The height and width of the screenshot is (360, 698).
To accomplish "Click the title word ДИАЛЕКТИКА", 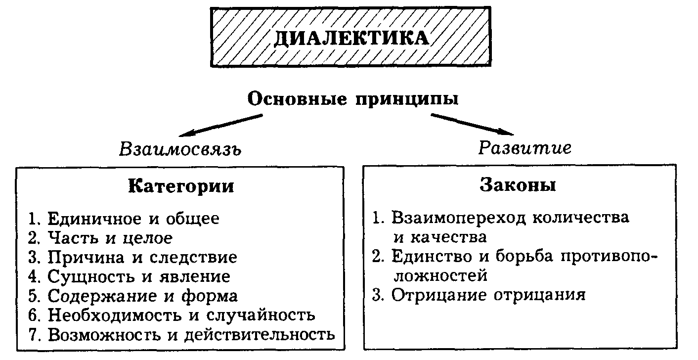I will point(351,38).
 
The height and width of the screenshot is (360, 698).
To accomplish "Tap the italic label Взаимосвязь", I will point(180,148).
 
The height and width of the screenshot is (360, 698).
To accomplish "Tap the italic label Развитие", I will point(525,148).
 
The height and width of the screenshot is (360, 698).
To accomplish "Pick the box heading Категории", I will point(181,186).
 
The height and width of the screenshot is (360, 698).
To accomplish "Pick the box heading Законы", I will point(518,186).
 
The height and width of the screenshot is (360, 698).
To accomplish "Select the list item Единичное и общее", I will point(133,218).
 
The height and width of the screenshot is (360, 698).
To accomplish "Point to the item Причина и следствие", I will point(142,257).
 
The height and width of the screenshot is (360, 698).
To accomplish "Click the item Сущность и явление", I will point(139,276).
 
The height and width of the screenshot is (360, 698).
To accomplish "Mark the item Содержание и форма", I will point(143,296).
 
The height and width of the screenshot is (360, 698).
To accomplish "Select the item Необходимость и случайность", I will point(181,315).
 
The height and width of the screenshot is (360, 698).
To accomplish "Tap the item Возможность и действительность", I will point(191,334).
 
